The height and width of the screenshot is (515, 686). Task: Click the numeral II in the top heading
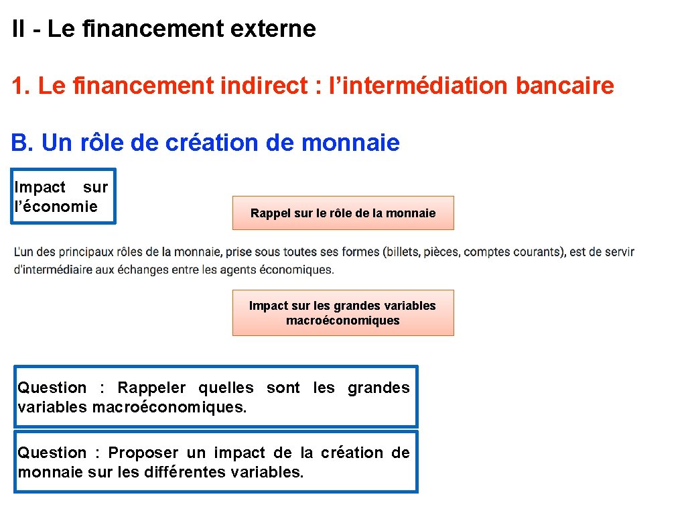(19, 29)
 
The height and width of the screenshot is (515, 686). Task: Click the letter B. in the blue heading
(21, 143)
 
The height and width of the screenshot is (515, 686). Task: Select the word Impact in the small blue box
(40, 188)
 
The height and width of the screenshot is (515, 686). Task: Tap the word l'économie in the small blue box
(56, 207)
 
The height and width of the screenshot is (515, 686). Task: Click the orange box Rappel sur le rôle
(343, 213)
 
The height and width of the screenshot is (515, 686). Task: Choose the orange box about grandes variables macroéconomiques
(343, 313)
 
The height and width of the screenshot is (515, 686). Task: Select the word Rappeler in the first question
(152, 388)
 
